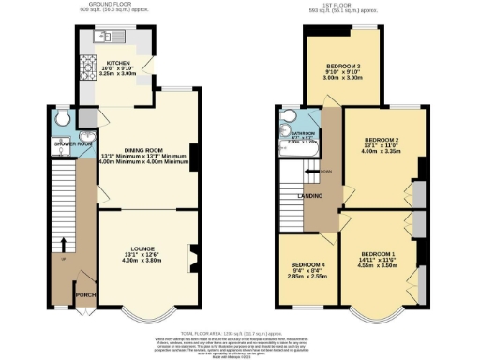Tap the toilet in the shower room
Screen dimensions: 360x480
click(62, 119)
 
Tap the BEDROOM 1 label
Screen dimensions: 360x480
click(379, 254)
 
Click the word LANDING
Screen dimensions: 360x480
click(310, 195)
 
